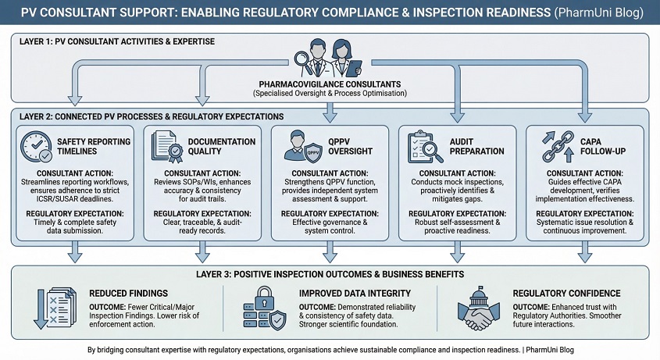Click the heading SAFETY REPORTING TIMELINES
coord(87,146)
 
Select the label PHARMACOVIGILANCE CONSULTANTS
coord(330,84)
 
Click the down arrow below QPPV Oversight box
coord(330,251)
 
